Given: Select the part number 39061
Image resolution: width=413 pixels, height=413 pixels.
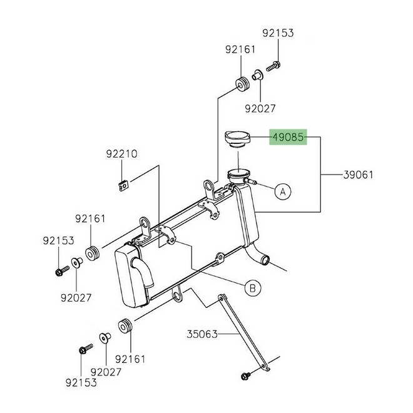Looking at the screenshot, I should pos(359,175).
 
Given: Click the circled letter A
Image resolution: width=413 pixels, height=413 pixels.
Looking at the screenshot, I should pos(282,191).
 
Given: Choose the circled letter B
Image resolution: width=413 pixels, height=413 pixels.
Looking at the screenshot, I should pos(252,288).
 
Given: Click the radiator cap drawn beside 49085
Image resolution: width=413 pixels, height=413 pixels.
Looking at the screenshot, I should pos(238,138).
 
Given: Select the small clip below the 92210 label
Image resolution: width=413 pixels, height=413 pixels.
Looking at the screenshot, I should pos(124,185).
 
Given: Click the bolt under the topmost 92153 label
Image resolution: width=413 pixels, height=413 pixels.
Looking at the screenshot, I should pos(274,64).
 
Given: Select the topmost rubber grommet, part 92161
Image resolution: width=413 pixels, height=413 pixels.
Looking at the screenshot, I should pos(239,83).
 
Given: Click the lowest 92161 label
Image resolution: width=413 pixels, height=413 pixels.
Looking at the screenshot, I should pos(131,359).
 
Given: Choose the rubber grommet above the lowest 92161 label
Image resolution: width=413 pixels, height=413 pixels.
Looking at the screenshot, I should pos(124,328).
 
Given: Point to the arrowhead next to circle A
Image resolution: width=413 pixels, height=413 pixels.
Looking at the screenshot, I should pos(259,184).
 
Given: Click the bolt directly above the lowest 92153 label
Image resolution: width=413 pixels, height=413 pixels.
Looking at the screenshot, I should pos(82,350).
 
